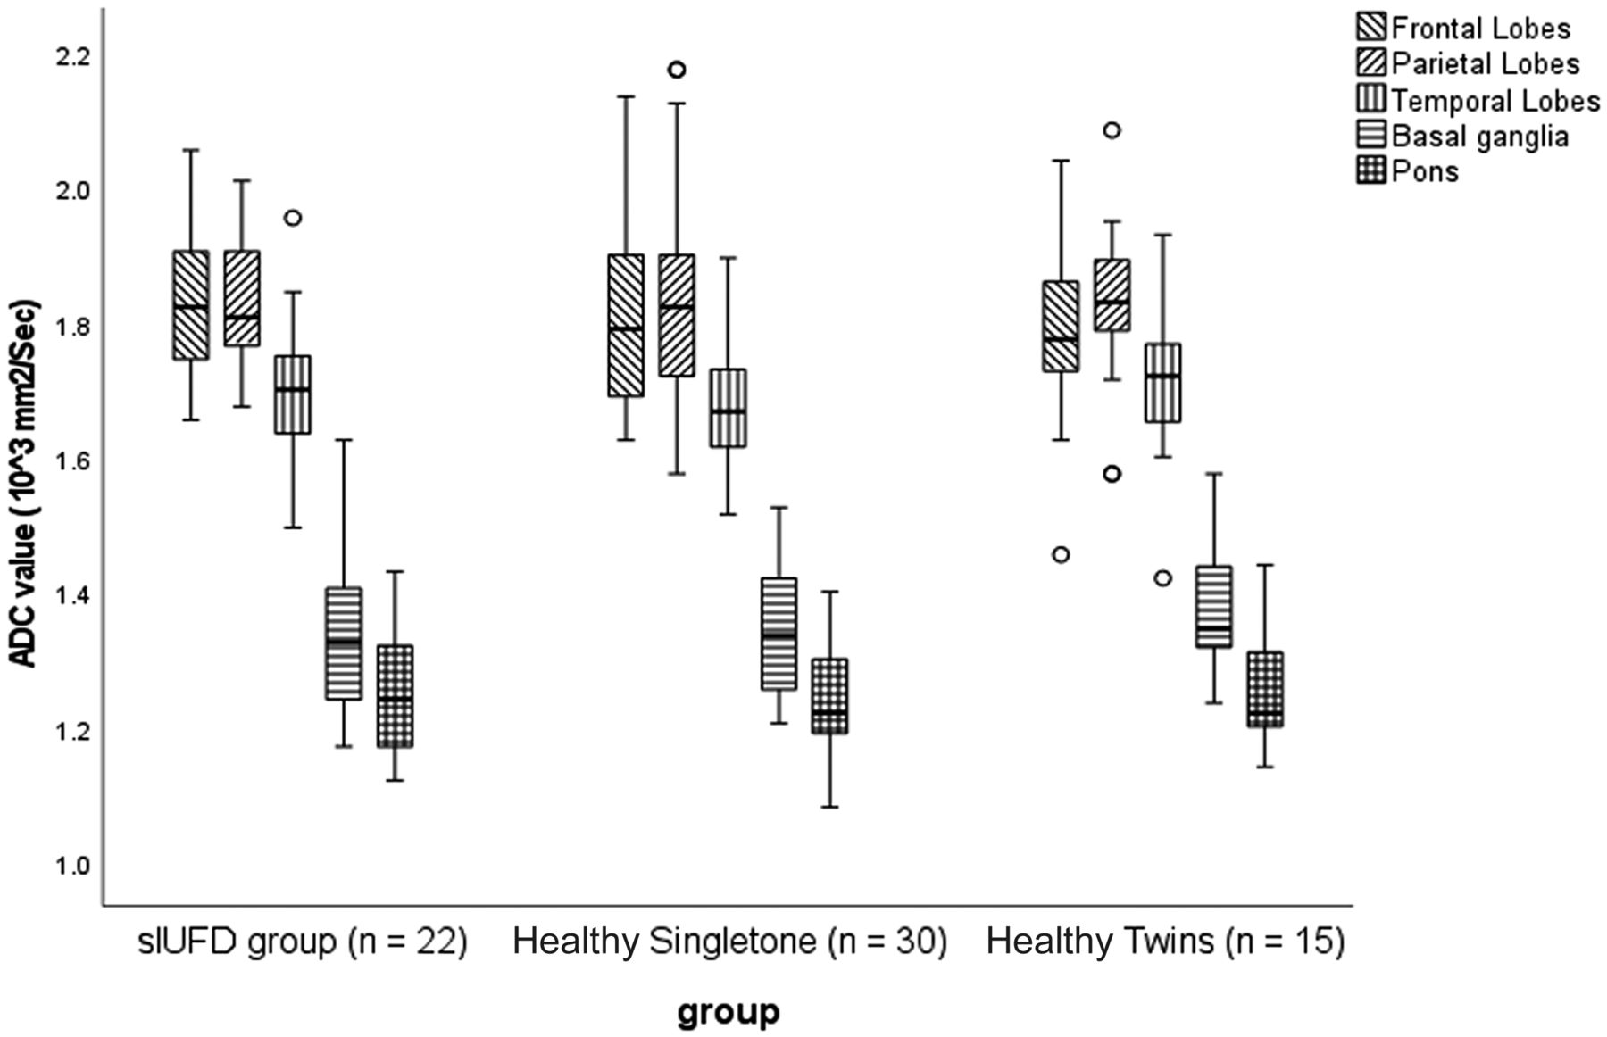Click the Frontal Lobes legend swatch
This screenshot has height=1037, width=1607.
1370,29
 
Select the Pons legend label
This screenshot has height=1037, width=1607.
1425,170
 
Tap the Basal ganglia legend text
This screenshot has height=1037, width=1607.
1479,136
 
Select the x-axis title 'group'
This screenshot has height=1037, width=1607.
728,1013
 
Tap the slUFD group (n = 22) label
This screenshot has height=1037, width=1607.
303,942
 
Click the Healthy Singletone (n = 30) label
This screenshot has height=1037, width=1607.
729,942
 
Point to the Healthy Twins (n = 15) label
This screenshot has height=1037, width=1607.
1165,942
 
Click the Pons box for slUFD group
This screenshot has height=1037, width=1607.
395,696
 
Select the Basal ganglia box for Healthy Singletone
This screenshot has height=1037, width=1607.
779,634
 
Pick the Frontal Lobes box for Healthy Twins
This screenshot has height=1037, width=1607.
1061,326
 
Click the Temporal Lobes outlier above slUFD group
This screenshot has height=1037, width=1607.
292,218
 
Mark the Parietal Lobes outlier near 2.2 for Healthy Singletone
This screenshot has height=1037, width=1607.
677,70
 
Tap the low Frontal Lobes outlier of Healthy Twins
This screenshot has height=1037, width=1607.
1061,554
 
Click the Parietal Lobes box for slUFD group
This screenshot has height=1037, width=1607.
242,298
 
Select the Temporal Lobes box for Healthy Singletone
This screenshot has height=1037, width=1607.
728,408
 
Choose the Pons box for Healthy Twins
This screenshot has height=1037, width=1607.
1265,689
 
